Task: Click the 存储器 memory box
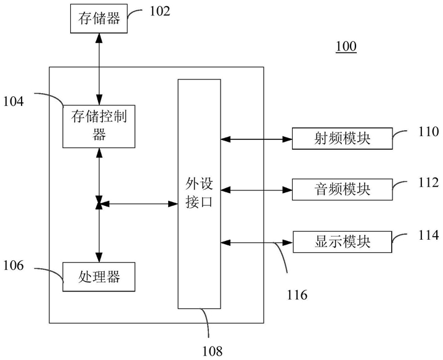(99, 18)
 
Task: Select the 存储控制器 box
(99, 126)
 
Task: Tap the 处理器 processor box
(99, 277)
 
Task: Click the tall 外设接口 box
(199, 194)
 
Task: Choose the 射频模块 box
(342, 139)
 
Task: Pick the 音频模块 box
(342, 189)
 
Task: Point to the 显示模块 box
(342, 242)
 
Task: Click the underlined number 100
(346, 46)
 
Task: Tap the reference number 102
(160, 11)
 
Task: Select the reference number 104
(14, 102)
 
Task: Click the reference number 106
(14, 266)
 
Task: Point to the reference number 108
(212, 351)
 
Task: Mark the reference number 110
(429, 132)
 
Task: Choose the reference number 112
(429, 182)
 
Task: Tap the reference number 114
(429, 235)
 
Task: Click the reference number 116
(297, 295)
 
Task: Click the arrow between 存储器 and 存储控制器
(99, 69)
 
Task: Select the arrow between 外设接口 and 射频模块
(256, 139)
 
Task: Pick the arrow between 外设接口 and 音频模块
(256, 190)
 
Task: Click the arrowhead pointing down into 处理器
(99, 258)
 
